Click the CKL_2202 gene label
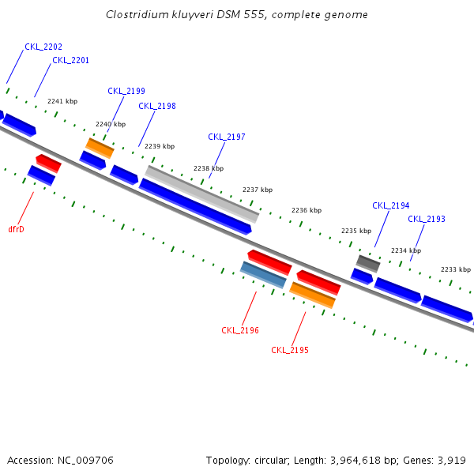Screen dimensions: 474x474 43,47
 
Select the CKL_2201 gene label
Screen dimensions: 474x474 70,61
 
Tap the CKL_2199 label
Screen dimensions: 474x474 126,92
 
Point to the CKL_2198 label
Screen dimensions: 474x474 157,107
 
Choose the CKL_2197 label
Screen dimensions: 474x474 227,137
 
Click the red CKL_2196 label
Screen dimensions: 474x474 240,331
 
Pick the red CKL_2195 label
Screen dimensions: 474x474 290,351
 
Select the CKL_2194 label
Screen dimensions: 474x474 391,206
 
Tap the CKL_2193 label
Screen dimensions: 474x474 427,220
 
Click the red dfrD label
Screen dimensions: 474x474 17,230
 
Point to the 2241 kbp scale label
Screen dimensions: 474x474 62,102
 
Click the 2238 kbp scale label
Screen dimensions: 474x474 209,168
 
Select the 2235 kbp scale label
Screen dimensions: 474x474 356,231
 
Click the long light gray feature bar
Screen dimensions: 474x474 202,194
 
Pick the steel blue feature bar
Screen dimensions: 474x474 263,275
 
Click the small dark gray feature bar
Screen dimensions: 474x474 368,263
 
